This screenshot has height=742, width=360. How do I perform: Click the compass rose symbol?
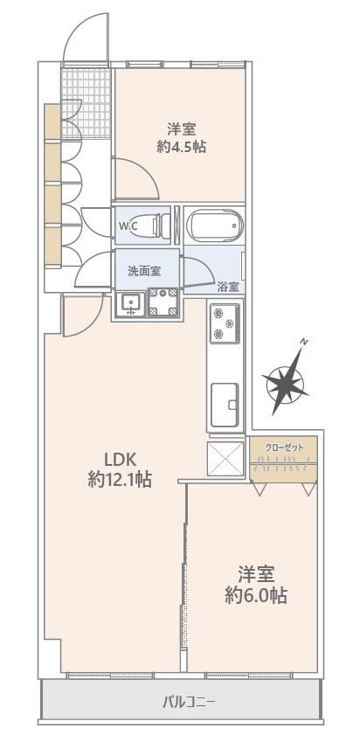(286, 381)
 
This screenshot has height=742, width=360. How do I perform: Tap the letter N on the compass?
(306, 341)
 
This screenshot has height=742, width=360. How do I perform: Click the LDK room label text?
(121, 459)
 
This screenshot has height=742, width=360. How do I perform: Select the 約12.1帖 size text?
(120, 481)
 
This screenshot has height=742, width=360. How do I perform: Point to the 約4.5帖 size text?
(181, 147)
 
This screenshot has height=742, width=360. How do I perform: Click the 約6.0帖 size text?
(256, 595)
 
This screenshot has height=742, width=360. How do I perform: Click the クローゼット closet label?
(284, 447)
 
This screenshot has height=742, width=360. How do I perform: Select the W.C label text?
(128, 225)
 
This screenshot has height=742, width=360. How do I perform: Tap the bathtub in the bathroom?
(215, 225)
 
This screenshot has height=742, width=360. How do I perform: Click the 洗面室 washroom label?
(144, 271)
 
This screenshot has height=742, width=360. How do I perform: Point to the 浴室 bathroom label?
(228, 287)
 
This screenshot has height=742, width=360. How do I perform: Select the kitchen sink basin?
(225, 404)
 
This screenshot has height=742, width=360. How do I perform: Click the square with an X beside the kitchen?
(225, 459)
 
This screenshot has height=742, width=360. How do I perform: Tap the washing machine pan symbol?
(163, 302)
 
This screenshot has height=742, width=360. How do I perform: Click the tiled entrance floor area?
(86, 103)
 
